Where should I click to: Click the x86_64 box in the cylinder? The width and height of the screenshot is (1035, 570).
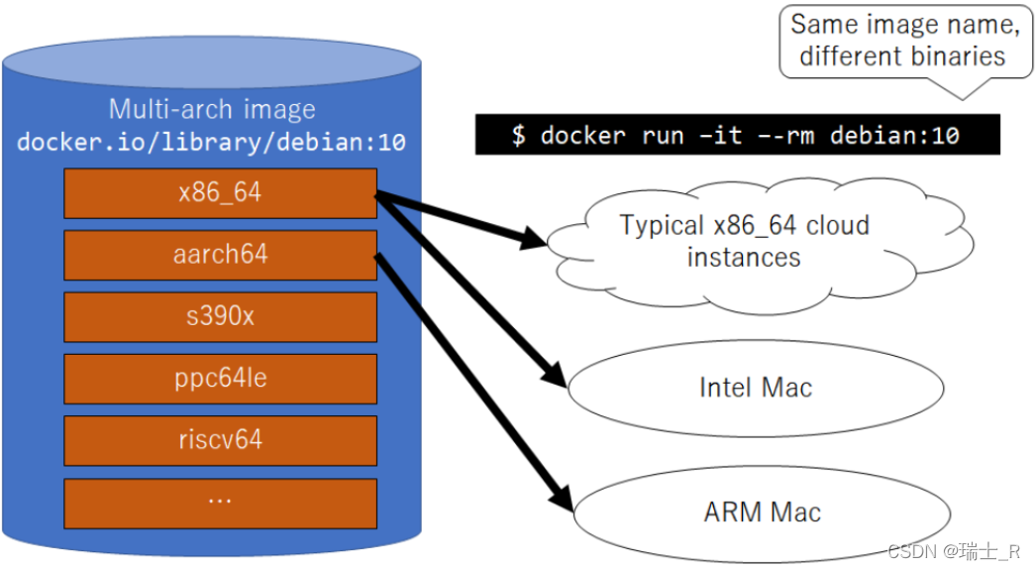point(220,193)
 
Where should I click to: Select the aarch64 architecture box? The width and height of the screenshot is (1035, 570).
point(220,255)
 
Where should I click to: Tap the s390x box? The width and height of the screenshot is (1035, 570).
point(220,317)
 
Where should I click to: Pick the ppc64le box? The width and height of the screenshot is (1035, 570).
point(220,379)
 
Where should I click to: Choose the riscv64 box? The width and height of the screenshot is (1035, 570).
point(220,440)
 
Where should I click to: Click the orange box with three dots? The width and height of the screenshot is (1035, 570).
point(220,503)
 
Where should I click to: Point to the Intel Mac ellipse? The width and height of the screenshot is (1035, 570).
point(755,388)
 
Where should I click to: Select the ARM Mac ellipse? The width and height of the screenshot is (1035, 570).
point(762,513)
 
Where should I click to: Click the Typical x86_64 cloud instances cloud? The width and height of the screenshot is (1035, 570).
point(744,241)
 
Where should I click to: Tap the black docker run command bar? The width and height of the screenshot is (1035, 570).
point(737,135)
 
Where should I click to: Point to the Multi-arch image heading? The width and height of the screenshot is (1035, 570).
point(212,109)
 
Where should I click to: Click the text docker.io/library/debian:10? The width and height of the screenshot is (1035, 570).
point(212,142)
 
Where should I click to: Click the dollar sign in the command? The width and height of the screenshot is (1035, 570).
point(519,135)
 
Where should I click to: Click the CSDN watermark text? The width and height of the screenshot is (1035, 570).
point(952,552)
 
